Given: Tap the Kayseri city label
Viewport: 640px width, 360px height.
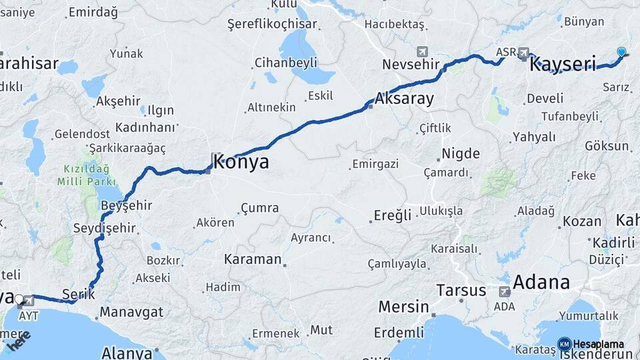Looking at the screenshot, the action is [562, 65].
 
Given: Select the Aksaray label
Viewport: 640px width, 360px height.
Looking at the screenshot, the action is [404, 99].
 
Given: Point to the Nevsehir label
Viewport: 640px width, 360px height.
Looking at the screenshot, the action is [411, 65].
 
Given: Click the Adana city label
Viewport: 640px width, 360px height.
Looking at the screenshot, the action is [541, 282].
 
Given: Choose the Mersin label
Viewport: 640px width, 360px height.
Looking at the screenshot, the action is [403, 307].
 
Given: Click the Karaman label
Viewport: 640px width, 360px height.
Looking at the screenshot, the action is [253, 259].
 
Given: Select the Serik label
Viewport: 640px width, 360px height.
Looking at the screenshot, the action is [78, 293].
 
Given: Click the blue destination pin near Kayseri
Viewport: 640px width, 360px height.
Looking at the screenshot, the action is [621, 52].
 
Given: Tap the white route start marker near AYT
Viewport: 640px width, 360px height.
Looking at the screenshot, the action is [19, 300].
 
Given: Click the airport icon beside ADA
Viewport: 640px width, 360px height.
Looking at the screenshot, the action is [505, 291].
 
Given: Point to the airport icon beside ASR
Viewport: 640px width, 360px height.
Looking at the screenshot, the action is [524, 52].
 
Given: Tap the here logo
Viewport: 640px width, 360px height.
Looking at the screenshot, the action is [19, 341].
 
